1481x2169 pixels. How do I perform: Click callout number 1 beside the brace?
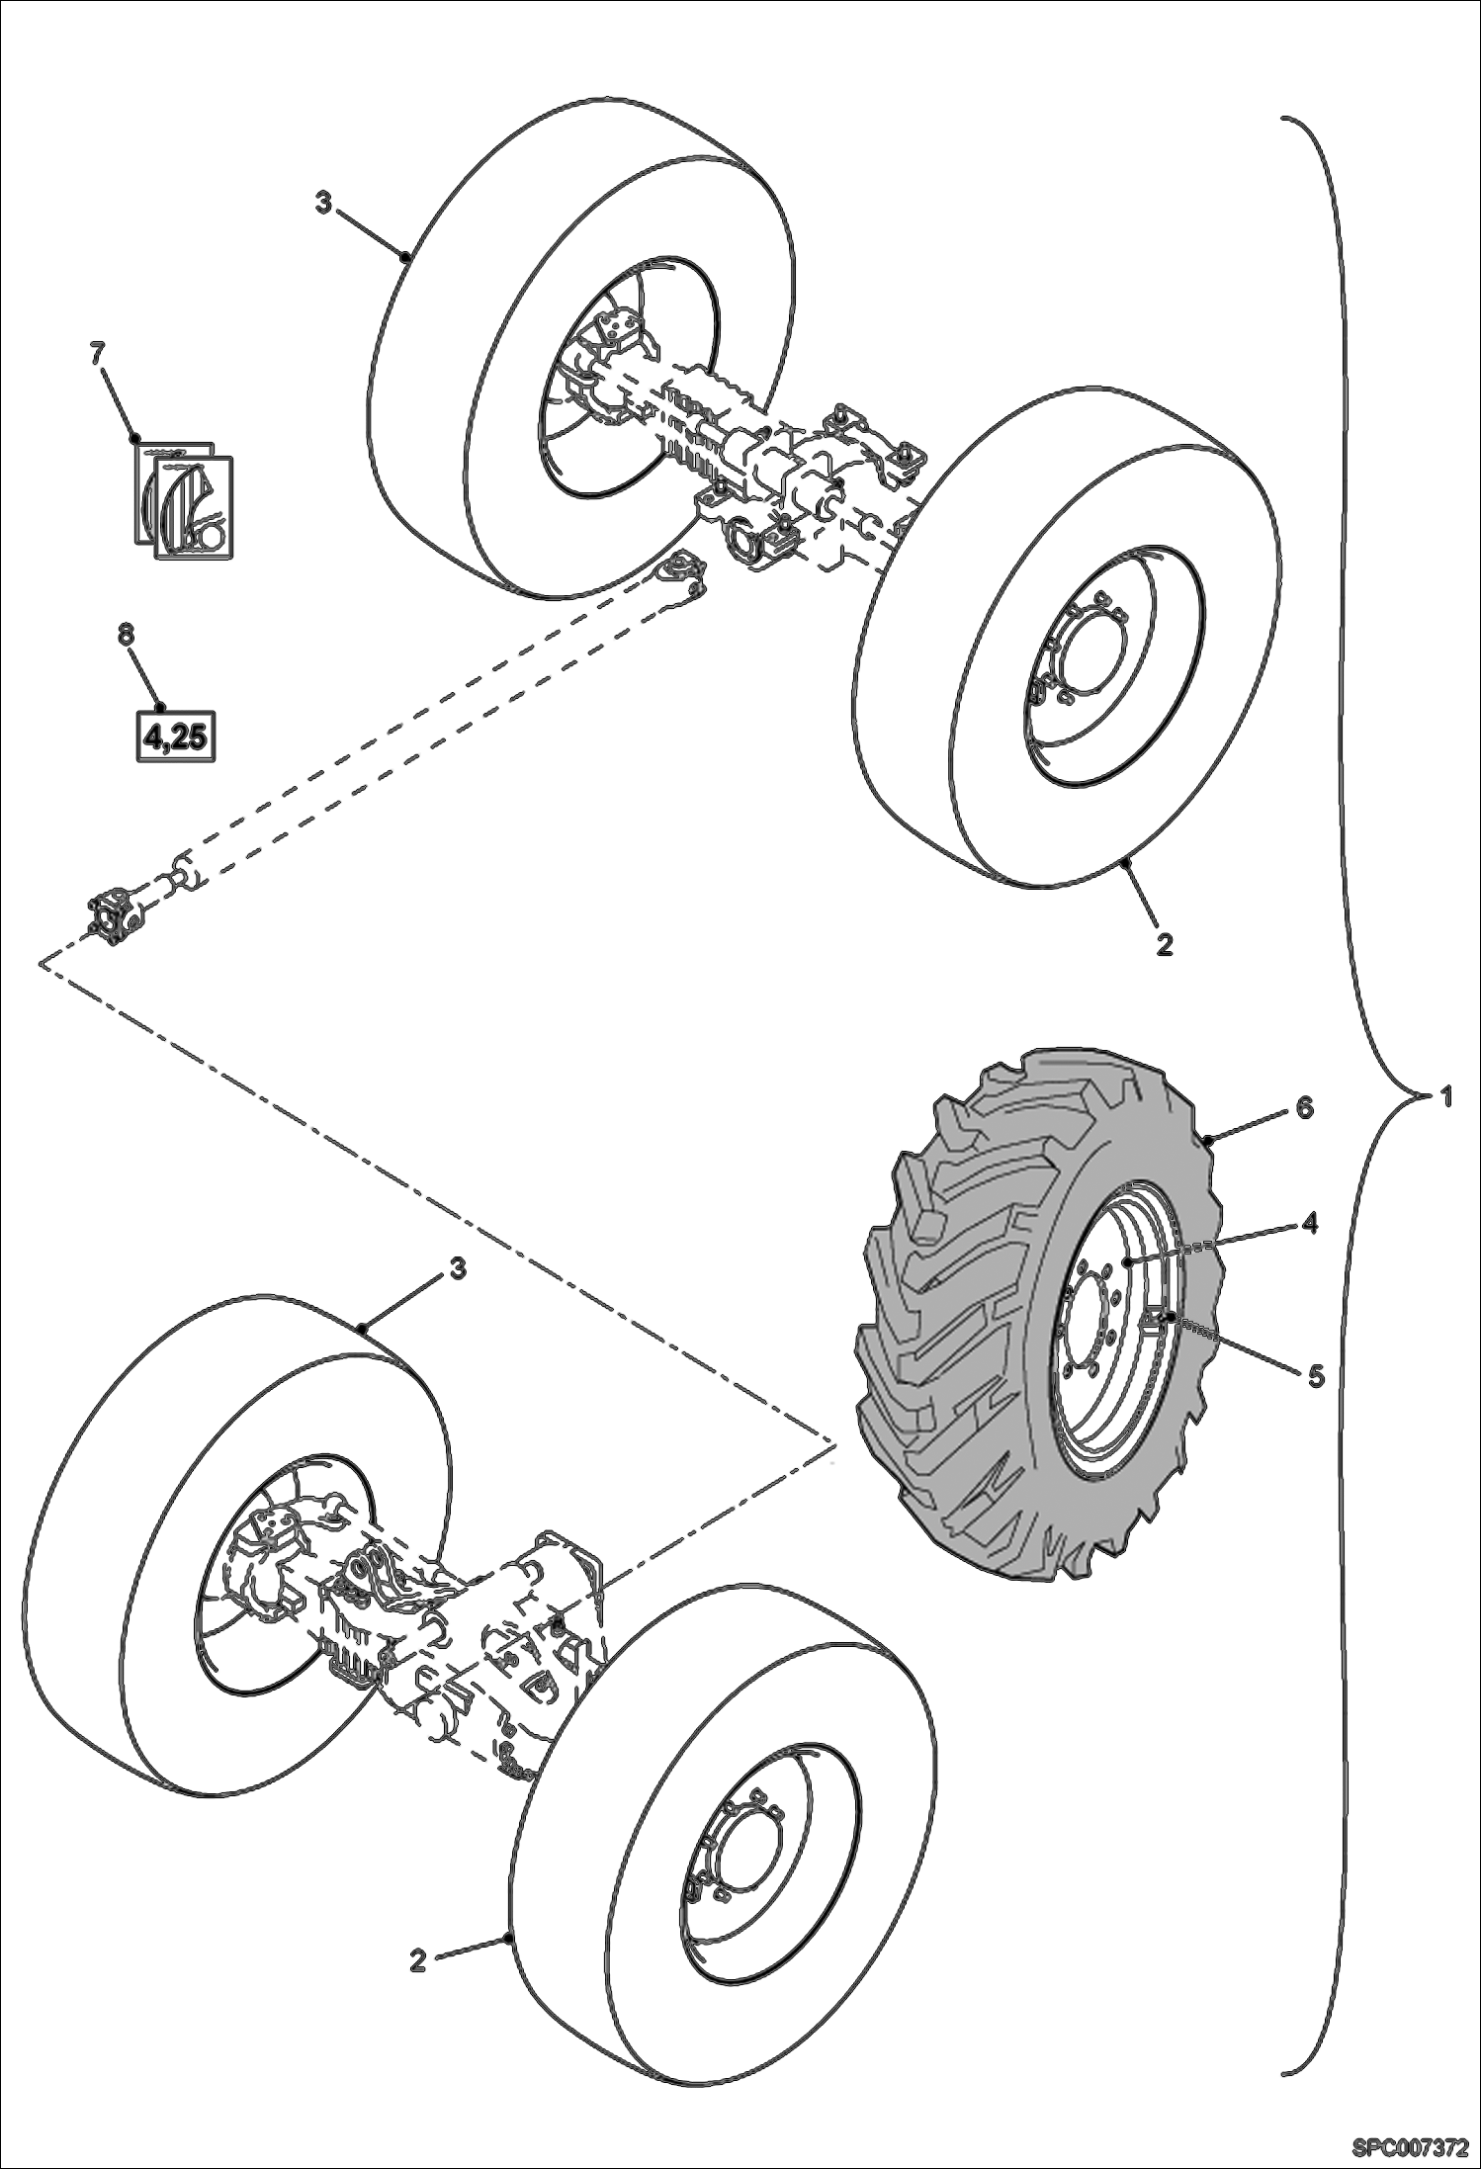point(1444,1096)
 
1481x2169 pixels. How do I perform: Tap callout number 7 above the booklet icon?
point(97,353)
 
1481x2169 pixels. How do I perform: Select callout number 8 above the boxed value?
point(126,634)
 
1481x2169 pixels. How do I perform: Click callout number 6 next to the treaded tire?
point(1304,1108)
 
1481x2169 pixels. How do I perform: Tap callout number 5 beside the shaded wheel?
point(1315,1376)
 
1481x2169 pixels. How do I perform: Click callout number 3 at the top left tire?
point(323,203)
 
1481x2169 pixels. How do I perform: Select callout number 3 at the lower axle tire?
point(457,1268)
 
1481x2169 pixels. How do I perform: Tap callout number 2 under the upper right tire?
point(1164,944)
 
